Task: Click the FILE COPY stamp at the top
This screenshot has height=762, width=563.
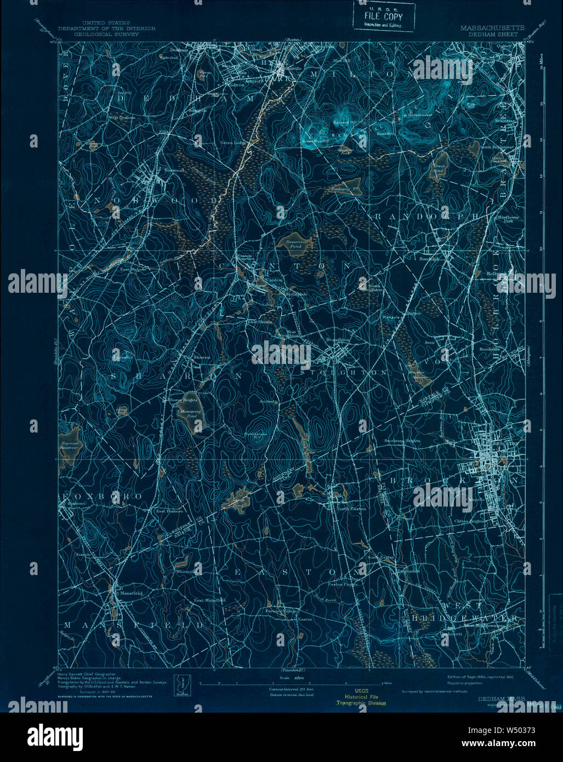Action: (x=383, y=18)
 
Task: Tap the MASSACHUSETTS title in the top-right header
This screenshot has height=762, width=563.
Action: (x=492, y=28)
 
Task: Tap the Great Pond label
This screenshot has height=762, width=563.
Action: (x=439, y=169)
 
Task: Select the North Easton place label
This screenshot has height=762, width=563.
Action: (x=350, y=508)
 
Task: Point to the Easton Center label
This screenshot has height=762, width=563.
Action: (x=343, y=584)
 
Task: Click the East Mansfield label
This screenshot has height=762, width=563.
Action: (x=209, y=600)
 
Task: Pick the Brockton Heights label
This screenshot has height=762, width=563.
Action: (x=401, y=440)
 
